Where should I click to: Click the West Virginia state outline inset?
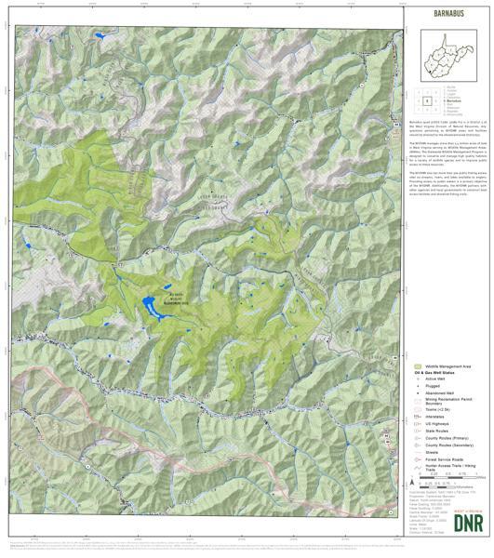click(448, 55)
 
